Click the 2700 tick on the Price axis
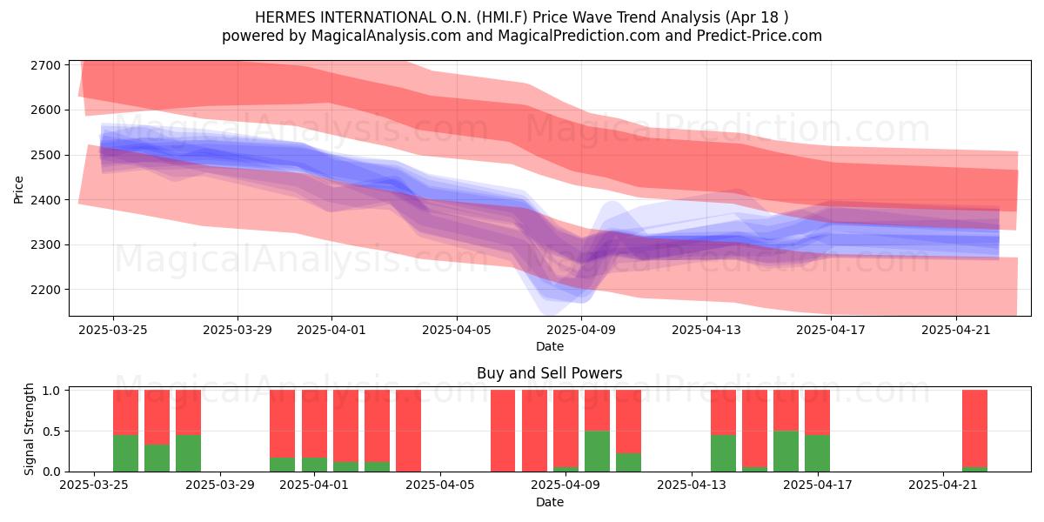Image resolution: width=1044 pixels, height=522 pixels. pyautogui.click(x=45, y=65)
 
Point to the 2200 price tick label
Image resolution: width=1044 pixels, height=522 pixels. pyautogui.click(x=45, y=290)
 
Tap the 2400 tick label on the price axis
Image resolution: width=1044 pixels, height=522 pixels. pyautogui.click(x=45, y=200)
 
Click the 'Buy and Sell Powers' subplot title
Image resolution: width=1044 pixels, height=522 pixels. pyautogui.click(x=550, y=373)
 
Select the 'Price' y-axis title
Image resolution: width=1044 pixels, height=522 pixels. pyautogui.click(x=18, y=190)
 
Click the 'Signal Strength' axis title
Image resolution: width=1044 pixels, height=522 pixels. pyautogui.click(x=29, y=429)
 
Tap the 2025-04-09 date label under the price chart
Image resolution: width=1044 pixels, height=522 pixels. pyautogui.click(x=581, y=331)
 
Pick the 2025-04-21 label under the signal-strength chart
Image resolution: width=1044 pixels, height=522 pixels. pyautogui.click(x=943, y=485)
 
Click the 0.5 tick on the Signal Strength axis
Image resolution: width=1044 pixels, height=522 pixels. pyautogui.click(x=51, y=432)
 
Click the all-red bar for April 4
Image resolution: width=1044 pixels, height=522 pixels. pyautogui.click(x=408, y=431)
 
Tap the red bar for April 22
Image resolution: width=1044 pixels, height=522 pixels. pyautogui.click(x=974, y=428)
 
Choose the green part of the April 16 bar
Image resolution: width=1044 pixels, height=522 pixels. pyautogui.click(x=786, y=452)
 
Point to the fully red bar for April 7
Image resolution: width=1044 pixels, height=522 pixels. pyautogui.click(x=503, y=431)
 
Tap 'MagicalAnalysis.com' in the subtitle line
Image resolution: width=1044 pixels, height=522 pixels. pyautogui.click(x=386, y=36)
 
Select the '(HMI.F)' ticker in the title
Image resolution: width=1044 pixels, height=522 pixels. pyautogui.click(x=502, y=17)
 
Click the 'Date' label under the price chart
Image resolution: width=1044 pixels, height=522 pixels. pyautogui.click(x=550, y=346)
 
